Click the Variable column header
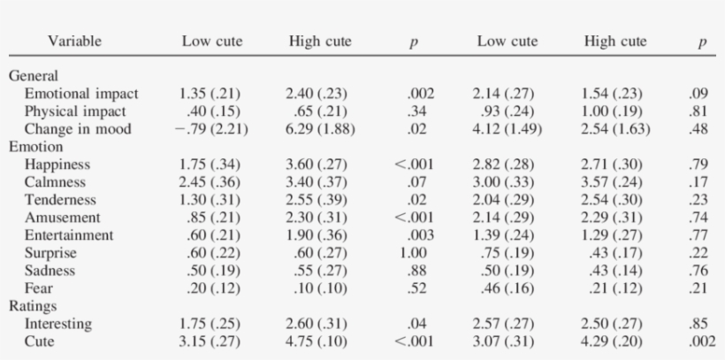tap(75, 41)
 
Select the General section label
tap(33, 76)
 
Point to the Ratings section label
tap(33, 306)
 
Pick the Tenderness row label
tap(59, 200)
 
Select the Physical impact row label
tap(75, 111)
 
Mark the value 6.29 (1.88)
tap(319, 129)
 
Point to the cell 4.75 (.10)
tap(319, 341)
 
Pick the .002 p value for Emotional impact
tap(420, 94)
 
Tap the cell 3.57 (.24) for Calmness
tap(614, 182)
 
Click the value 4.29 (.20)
tap(614, 341)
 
